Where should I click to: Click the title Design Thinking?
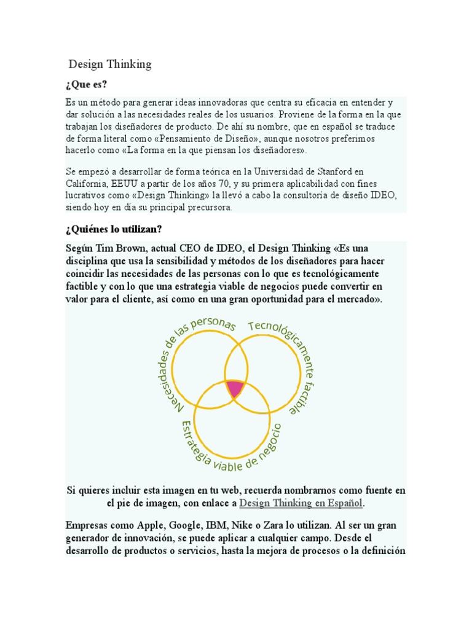coord(110,64)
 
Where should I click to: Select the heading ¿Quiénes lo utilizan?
coord(113,229)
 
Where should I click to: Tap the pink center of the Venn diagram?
coord(235,388)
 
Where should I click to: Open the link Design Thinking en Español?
coord(301,503)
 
